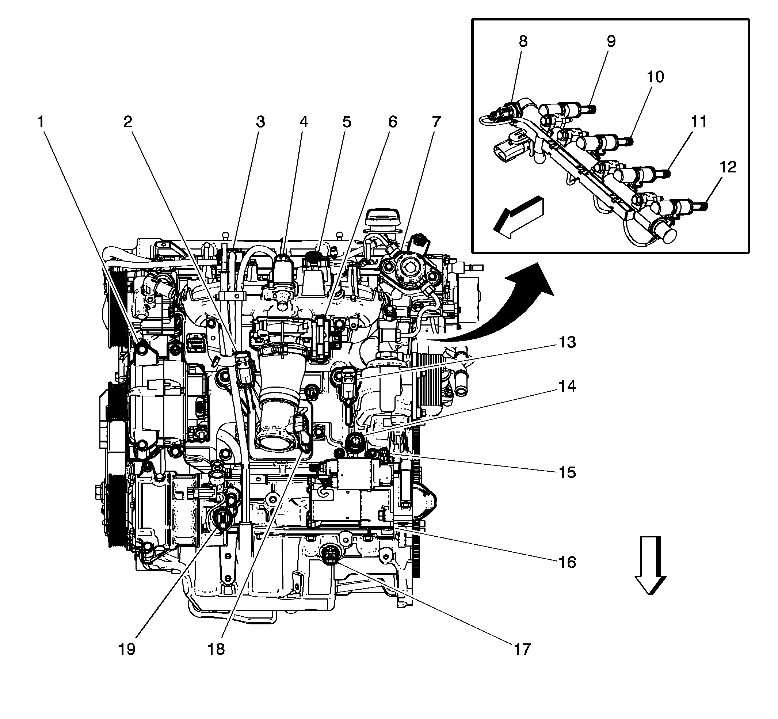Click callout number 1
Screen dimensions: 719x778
[x=41, y=122]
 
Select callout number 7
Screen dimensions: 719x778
[x=436, y=122]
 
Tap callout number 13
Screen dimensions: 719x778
[x=567, y=342]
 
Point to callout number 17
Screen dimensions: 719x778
[x=522, y=649]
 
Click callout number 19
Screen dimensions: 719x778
[x=127, y=649]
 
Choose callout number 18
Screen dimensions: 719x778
[x=216, y=649]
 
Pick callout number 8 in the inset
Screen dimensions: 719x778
[x=523, y=41]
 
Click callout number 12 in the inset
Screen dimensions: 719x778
[x=728, y=167]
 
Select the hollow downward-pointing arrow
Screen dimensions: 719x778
[x=651, y=564]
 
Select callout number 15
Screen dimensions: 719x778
[x=567, y=473]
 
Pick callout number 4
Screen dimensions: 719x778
[x=304, y=122]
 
